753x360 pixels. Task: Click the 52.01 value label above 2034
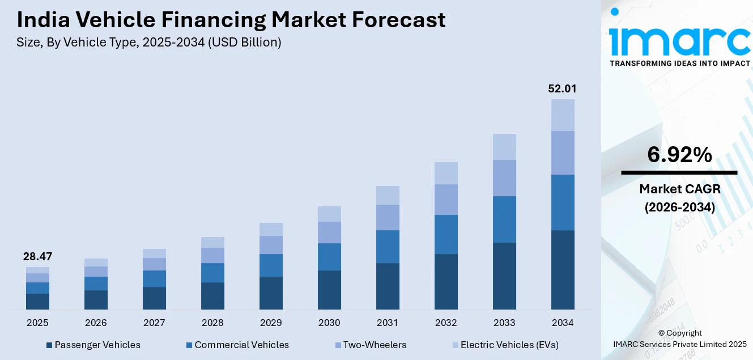pos(562,89)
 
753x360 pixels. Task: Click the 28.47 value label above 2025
pos(37,257)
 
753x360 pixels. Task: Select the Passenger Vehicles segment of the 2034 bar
pos(563,269)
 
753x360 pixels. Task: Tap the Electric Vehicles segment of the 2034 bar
pos(563,115)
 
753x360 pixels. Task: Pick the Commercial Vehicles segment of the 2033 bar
pos(504,219)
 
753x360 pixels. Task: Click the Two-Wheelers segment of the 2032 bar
pos(446,200)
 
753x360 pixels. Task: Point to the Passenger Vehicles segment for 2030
pos(329,290)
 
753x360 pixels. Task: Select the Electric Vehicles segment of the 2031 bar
pos(388,195)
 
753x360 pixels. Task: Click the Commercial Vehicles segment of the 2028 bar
pos(212,273)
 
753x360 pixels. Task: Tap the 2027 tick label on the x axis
pos(154,323)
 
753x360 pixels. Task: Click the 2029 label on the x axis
pos(271,323)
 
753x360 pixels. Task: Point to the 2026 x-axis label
pos(96,323)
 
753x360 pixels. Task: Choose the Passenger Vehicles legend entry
pos(97,345)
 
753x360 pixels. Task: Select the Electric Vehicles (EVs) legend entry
pos(509,345)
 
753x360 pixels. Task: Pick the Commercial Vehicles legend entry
pos(241,345)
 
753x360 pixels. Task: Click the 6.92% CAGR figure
pos(679,155)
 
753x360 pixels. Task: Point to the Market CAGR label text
pos(679,189)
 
